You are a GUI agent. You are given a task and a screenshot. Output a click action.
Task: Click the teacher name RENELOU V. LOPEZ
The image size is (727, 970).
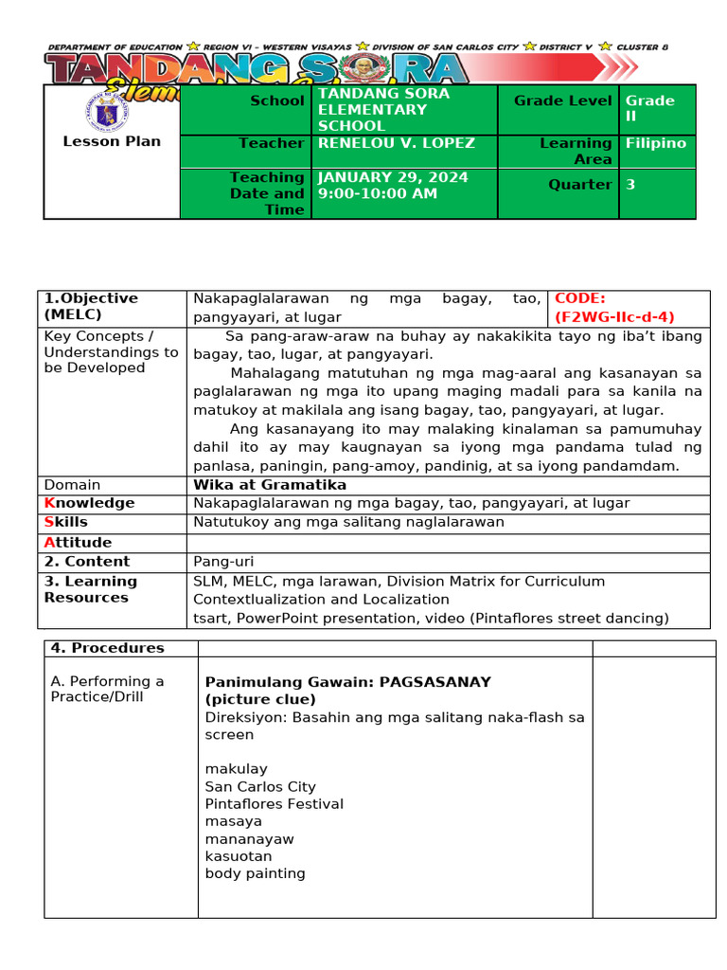(397, 143)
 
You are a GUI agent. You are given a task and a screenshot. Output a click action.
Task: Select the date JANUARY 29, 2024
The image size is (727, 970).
(393, 177)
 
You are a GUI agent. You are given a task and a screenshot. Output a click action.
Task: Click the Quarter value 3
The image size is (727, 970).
(630, 185)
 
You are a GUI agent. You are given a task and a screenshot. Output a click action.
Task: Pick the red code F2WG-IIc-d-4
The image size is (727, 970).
(615, 317)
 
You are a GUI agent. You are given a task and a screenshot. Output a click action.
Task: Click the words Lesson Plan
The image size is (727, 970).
(112, 141)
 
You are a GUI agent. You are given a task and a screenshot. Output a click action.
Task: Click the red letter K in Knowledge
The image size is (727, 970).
(49, 503)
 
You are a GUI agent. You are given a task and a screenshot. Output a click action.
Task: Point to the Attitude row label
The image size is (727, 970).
(78, 542)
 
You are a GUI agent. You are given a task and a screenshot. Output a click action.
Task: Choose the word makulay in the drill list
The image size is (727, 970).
(237, 768)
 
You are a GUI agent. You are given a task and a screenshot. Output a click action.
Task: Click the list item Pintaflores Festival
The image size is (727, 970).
(275, 803)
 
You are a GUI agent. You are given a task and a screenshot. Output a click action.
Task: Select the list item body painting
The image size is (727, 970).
(256, 873)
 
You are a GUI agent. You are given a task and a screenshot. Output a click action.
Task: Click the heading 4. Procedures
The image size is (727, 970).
(107, 648)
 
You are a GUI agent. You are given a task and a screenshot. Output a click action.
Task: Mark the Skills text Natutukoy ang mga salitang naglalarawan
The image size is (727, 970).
(349, 522)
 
